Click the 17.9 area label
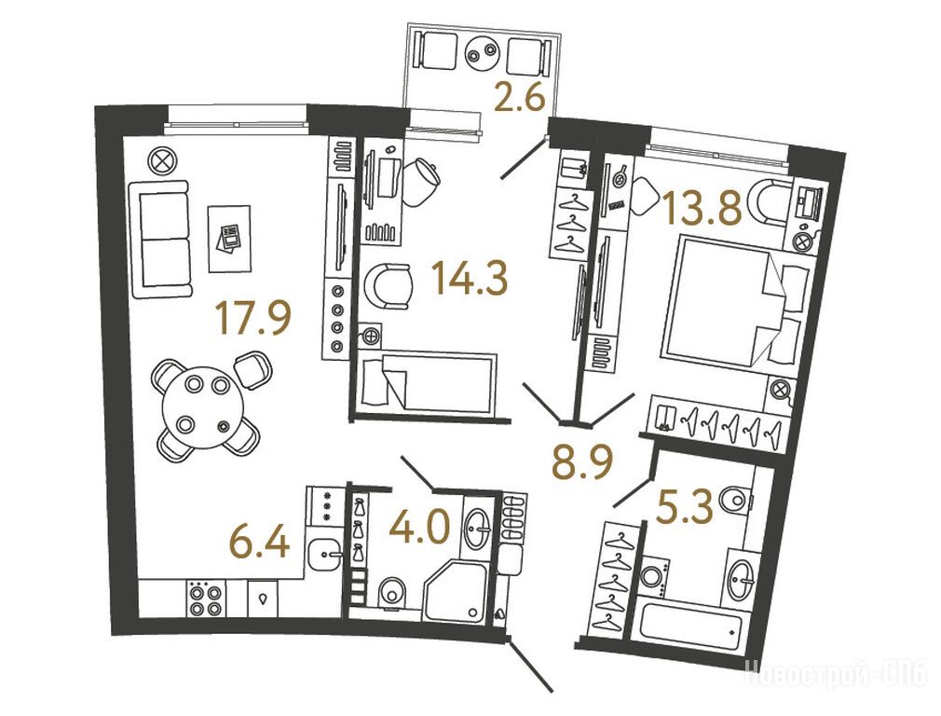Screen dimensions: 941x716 (254, 318)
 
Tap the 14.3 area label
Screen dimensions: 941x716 (470, 280)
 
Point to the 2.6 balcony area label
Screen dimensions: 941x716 (520, 97)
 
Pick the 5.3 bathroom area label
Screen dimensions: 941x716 (685, 506)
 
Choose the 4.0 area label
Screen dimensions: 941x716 (419, 529)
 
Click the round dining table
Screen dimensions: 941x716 (204, 407)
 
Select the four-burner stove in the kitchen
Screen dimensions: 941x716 (206, 599)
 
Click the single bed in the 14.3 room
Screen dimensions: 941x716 (430, 382)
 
